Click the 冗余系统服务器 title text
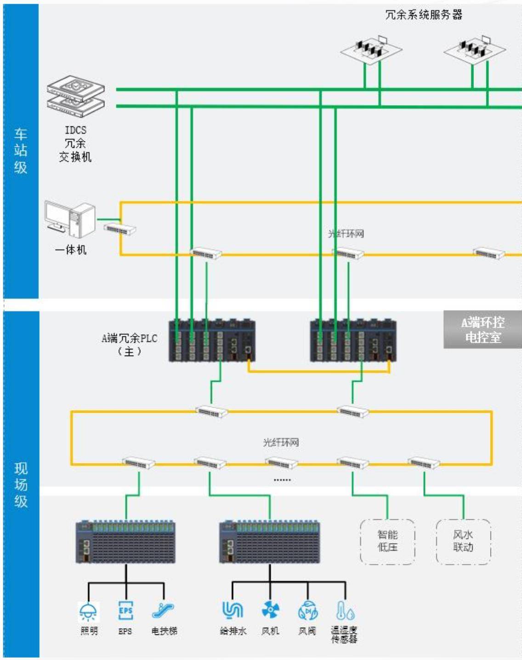424,15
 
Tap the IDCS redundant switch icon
76,96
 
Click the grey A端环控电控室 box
482,330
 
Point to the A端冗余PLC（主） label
130,344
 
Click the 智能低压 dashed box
387,541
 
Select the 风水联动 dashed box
463,541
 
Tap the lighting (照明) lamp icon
88,611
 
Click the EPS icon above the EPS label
125,610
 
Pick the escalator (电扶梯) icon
163,610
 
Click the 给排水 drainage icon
233,610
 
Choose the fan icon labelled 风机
270,610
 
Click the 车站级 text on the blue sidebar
21,151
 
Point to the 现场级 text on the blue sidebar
21,485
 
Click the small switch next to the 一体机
120,229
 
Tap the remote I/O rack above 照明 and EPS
125,542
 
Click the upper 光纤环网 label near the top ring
346,234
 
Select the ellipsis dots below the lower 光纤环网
282,480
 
